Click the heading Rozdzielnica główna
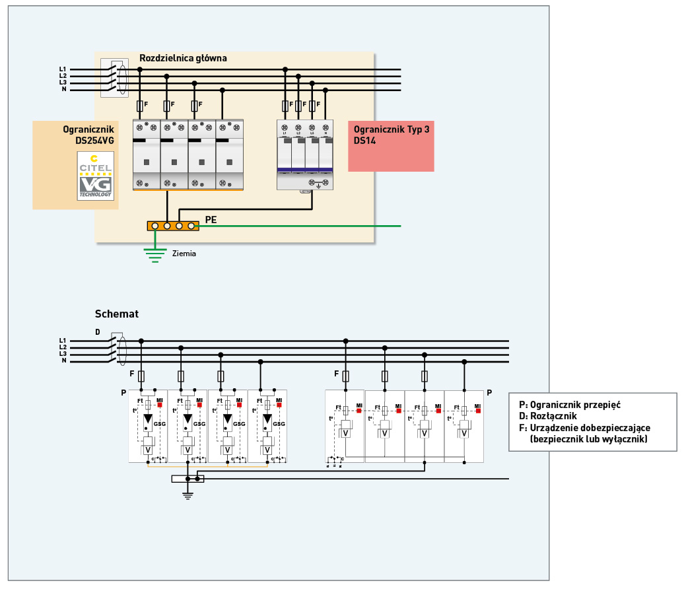pyautogui.click(x=183, y=58)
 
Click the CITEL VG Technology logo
pyautogui.click(x=96, y=176)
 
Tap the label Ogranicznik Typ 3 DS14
pyautogui.click(x=391, y=135)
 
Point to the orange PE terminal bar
pyautogui.click(x=173, y=226)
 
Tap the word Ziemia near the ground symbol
pyautogui.click(x=184, y=253)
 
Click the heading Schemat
pyautogui.click(x=117, y=314)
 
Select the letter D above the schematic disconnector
pyautogui.click(x=98, y=331)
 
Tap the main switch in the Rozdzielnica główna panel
pyautogui.click(x=114, y=78)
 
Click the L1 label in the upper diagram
pyautogui.click(x=63, y=69)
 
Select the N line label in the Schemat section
pyautogui.click(x=63, y=361)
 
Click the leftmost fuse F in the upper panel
pyautogui.click(x=140, y=105)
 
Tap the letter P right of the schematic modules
pyautogui.click(x=489, y=393)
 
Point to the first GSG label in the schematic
pyautogui.click(x=159, y=423)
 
